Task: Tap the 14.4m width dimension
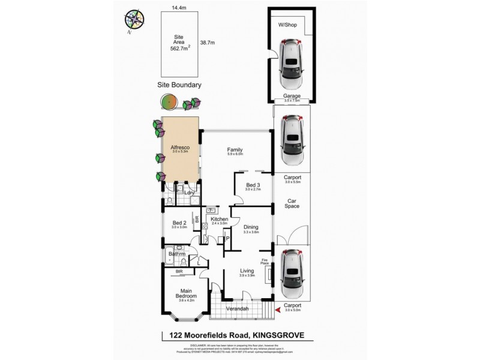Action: [x=179, y=8]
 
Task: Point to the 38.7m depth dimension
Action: [x=207, y=43]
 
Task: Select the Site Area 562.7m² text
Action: [x=179, y=42]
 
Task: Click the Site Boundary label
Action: [x=179, y=85]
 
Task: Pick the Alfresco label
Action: [x=181, y=146]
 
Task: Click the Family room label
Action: [x=235, y=150]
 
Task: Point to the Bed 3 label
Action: [x=254, y=185]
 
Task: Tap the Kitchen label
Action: [x=219, y=220]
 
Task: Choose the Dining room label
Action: [x=250, y=227]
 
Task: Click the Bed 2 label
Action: [x=179, y=223]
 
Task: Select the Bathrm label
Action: [x=178, y=254]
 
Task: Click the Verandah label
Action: [x=238, y=310]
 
